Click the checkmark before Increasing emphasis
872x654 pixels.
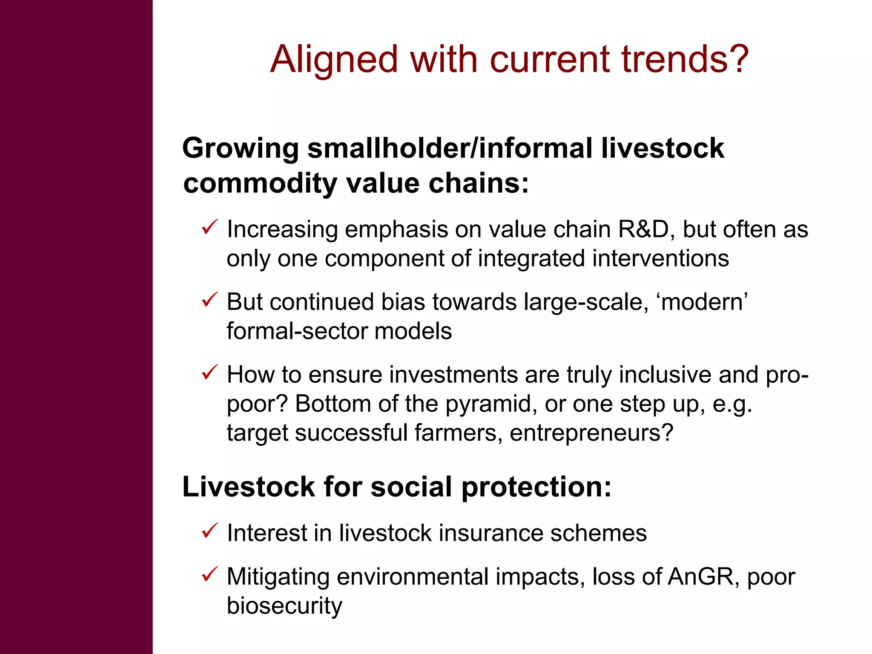point(209,227)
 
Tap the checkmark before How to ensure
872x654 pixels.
point(209,372)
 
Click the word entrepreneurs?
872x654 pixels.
point(591,433)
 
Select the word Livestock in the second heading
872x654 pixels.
point(249,487)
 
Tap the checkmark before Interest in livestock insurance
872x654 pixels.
point(209,531)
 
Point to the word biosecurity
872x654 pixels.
point(284,606)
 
